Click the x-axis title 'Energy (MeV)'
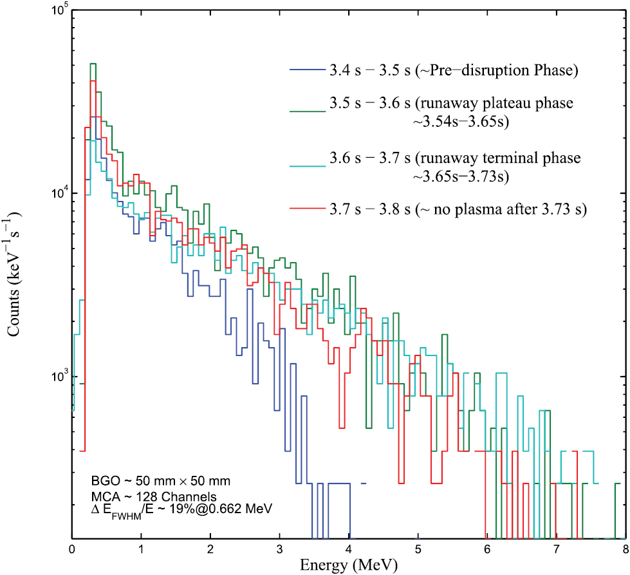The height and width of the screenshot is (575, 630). coord(348,565)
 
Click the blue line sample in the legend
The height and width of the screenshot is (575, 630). coord(305,70)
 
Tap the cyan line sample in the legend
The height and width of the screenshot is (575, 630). coord(305,158)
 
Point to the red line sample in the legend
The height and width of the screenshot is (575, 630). coord(305,210)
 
